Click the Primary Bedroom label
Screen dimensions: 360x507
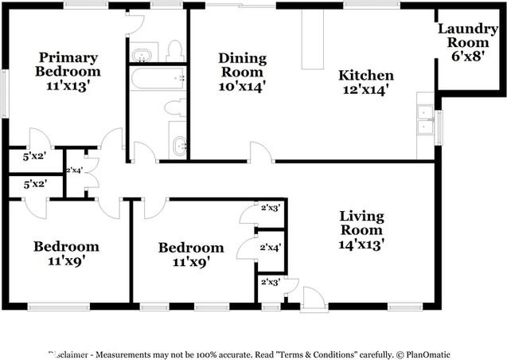(68, 65)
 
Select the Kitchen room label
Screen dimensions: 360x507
(366, 76)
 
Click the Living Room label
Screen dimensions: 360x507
(361, 223)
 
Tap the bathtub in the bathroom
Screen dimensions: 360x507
(157, 79)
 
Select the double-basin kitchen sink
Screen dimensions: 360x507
(426, 116)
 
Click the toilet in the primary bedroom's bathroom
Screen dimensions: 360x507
(174, 51)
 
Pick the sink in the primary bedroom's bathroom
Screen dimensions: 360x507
(143, 55)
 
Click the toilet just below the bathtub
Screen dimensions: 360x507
(174, 107)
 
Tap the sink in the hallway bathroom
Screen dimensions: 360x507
(178, 145)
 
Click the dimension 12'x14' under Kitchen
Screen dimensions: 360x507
(366, 90)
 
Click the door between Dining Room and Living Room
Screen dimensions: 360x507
(260, 152)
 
